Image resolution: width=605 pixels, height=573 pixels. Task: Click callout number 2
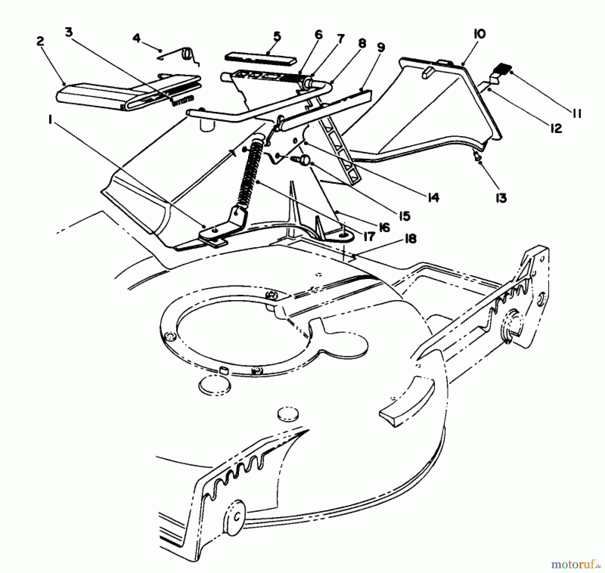[x=40, y=41]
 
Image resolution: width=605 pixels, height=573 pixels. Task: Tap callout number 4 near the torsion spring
[x=136, y=38]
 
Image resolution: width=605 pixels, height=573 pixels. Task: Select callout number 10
[x=480, y=34]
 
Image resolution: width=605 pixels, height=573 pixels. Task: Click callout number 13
[x=501, y=198]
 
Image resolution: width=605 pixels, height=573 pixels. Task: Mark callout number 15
[x=405, y=216]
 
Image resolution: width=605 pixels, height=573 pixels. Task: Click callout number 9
[x=380, y=48]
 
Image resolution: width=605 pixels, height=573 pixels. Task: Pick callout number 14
[x=433, y=198]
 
